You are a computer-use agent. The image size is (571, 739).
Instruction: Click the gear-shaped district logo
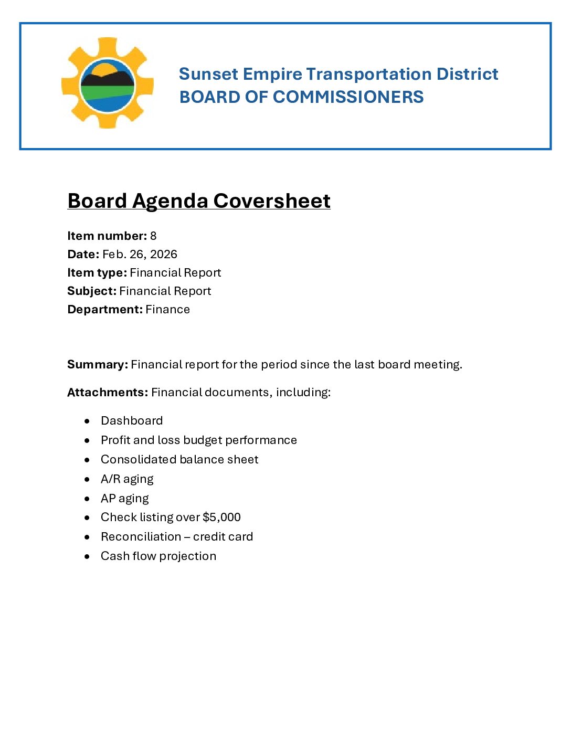(108, 83)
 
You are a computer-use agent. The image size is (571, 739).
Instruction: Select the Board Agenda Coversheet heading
(199, 201)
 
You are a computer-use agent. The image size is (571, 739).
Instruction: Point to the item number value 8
(153, 236)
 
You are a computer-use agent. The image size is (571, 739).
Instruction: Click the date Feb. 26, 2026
(140, 255)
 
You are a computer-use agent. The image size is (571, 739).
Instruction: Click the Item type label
(97, 273)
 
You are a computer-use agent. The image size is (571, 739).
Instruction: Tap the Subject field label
(92, 291)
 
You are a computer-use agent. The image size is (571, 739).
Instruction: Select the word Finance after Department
(167, 310)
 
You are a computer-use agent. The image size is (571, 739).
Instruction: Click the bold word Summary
(98, 365)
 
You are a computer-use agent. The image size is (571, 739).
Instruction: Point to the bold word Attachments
(108, 393)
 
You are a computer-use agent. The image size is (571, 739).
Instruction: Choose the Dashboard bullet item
(132, 421)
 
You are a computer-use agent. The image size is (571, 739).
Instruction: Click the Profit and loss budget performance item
(198, 440)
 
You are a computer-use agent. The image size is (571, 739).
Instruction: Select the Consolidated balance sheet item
(179, 460)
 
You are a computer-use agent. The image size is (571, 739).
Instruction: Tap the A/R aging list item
(127, 479)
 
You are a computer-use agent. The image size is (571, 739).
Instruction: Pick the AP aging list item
(124, 499)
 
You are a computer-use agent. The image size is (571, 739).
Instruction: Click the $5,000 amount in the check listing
(221, 518)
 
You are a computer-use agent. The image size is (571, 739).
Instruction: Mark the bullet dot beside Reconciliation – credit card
(87, 537)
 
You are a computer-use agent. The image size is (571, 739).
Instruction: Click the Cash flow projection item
(158, 556)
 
